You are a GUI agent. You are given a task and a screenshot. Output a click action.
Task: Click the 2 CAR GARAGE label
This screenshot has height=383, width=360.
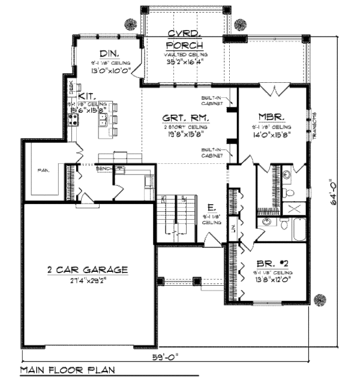click(x=88, y=270)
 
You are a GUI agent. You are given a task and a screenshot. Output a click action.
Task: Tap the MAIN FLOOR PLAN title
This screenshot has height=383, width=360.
click(x=67, y=370)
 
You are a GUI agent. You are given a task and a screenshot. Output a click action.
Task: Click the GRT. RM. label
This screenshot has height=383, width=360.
click(x=185, y=119)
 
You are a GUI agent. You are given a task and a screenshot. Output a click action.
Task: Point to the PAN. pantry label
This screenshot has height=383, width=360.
click(x=43, y=170)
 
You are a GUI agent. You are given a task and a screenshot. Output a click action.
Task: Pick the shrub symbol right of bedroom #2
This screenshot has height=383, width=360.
click(x=320, y=298)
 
